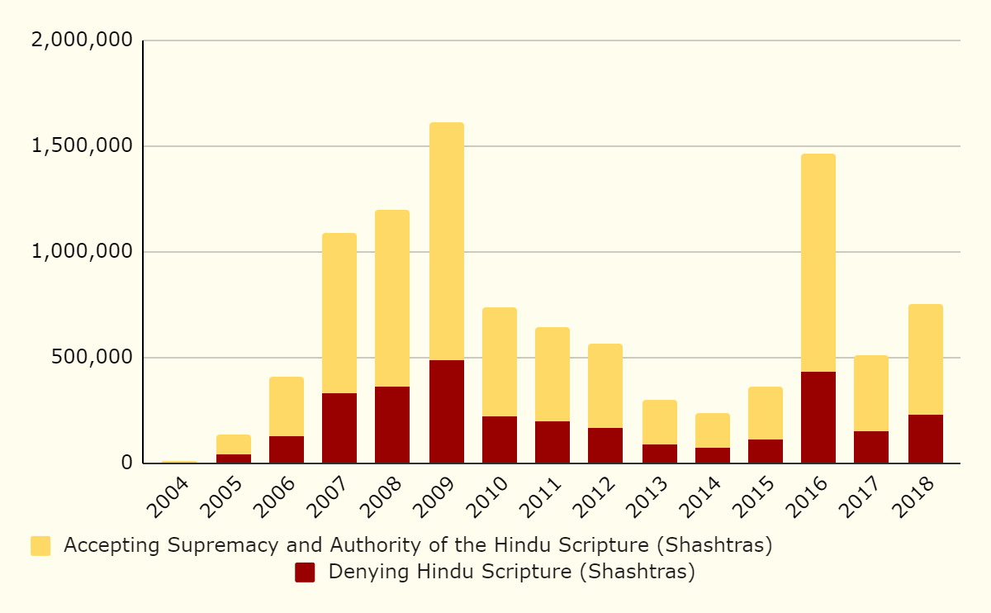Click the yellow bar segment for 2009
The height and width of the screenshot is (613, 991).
point(446,241)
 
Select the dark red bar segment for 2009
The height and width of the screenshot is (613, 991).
point(446,411)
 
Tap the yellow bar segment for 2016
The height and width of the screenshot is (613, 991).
point(818,263)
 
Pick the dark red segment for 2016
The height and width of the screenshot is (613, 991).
point(818,417)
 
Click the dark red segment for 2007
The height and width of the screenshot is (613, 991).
point(339,428)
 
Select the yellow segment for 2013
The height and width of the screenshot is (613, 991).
point(660,422)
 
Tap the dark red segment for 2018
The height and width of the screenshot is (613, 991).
point(926,439)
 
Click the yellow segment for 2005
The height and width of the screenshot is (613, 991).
point(234,444)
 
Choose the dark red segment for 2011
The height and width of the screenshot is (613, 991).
point(552,442)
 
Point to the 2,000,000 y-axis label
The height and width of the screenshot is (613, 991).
point(81,40)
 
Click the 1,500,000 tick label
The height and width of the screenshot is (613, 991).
point(81,146)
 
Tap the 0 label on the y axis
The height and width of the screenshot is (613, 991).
point(126,463)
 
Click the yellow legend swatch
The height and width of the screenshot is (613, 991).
point(40,546)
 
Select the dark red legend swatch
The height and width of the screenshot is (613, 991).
point(305,573)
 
